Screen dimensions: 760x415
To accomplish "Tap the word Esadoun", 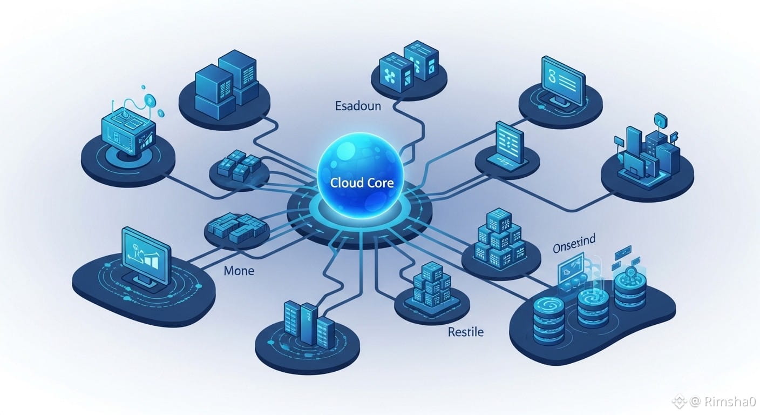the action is click(x=358, y=106).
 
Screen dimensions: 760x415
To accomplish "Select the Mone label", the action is click(x=239, y=270).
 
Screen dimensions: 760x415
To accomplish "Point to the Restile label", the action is click(x=466, y=331).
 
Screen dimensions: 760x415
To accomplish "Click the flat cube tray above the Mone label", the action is click(x=236, y=229).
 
